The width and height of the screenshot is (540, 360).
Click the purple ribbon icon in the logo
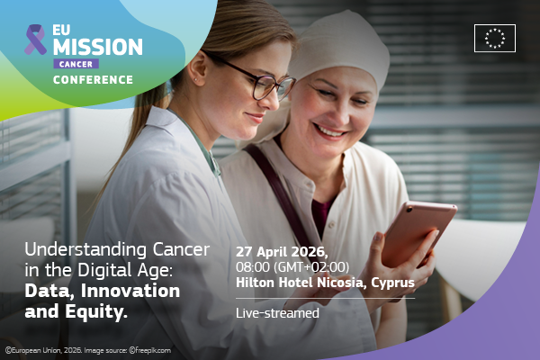click(x=35, y=40)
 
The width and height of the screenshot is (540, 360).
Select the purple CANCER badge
click(x=76, y=64)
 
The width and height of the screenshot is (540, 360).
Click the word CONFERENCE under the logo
click(x=92, y=80)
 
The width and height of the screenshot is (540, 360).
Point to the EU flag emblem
click(x=494, y=38)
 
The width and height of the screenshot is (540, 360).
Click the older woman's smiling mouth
click(x=330, y=130)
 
